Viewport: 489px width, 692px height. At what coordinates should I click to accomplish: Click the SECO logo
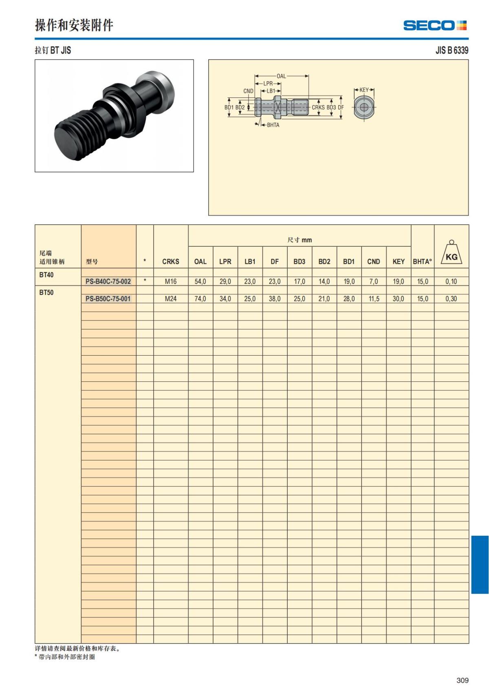pos(434,25)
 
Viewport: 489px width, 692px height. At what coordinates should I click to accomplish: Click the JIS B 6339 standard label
pos(452,50)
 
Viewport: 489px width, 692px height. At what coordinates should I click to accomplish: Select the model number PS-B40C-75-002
pos(108,281)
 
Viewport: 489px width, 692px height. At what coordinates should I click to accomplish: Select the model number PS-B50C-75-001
pos(108,299)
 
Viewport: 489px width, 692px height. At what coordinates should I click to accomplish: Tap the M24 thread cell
pos(171,299)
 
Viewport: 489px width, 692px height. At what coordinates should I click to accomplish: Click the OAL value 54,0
pos(200,281)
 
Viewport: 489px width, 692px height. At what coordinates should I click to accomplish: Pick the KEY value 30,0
pos(398,299)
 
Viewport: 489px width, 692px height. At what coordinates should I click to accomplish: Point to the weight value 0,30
pos(451,299)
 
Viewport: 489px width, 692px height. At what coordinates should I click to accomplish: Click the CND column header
pos(373,262)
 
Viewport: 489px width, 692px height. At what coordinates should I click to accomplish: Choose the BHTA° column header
pos(422,262)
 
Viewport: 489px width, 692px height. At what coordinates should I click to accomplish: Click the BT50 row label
pos(46,293)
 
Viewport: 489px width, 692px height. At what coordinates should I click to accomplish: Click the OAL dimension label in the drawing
pos(281,76)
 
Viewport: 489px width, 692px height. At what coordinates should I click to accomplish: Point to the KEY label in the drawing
pos(364,90)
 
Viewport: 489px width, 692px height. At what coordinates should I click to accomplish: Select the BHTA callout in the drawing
pos(273,125)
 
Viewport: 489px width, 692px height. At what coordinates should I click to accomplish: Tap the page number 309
pos(463,680)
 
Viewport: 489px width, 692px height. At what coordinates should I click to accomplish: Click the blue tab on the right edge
pos(480,565)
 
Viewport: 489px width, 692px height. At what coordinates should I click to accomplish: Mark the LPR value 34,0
pos(225,299)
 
